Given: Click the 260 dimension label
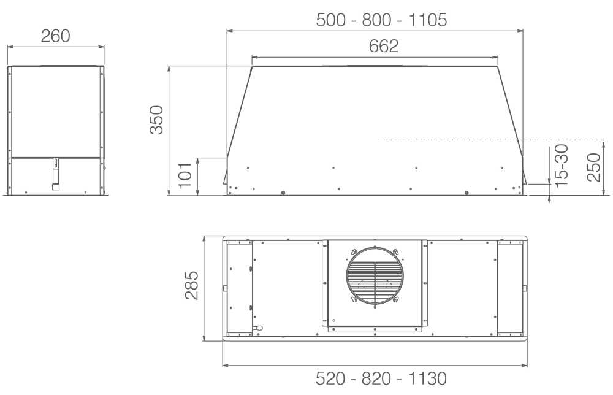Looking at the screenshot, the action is point(56,36).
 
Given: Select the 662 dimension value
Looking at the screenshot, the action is point(384,46).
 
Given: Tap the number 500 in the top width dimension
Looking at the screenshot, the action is point(331,20).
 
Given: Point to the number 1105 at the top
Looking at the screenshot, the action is point(428,20).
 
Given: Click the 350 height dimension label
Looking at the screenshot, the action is point(157,120).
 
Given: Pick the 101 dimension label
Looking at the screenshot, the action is point(185,175).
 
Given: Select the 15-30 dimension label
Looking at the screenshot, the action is point(561,164).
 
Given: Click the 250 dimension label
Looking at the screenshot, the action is point(593,167).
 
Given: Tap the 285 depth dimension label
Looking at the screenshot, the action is point(191,285).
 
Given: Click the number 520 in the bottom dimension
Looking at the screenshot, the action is point(330,378).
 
